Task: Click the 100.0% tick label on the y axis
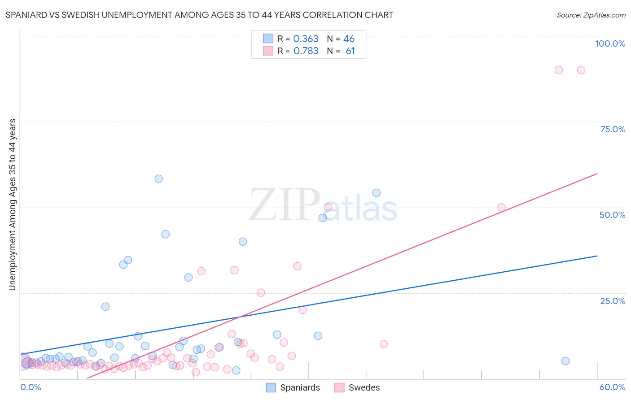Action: click(610, 43)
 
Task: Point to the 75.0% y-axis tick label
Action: click(613, 129)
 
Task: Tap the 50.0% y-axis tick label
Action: click(612, 215)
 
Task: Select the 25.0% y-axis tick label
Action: click(613, 300)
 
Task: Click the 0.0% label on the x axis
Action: click(31, 387)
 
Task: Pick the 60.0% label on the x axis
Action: click(612, 387)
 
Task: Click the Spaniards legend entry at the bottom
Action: click(300, 387)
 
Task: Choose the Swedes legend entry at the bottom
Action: click(364, 387)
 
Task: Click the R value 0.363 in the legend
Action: click(306, 39)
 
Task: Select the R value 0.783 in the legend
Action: click(306, 51)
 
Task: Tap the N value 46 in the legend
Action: click(349, 39)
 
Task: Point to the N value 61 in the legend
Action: click(350, 51)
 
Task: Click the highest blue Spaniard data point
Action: click(158, 178)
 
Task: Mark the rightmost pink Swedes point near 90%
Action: click(581, 70)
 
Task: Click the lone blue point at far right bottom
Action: click(565, 361)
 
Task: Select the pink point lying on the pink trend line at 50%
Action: click(501, 207)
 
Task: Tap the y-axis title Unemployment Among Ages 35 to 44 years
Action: click(13, 204)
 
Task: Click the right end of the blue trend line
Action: click(597, 256)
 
